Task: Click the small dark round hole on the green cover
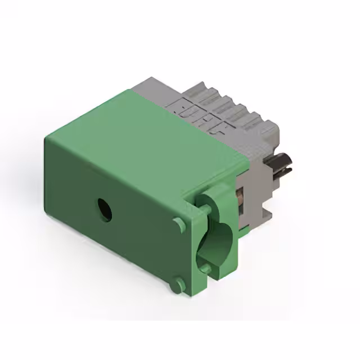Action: pyautogui.click(x=104, y=209)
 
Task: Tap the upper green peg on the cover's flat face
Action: pyautogui.click(x=179, y=223)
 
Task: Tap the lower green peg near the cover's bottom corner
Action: pyautogui.click(x=179, y=283)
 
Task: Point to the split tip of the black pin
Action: pyautogui.click(x=289, y=165)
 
